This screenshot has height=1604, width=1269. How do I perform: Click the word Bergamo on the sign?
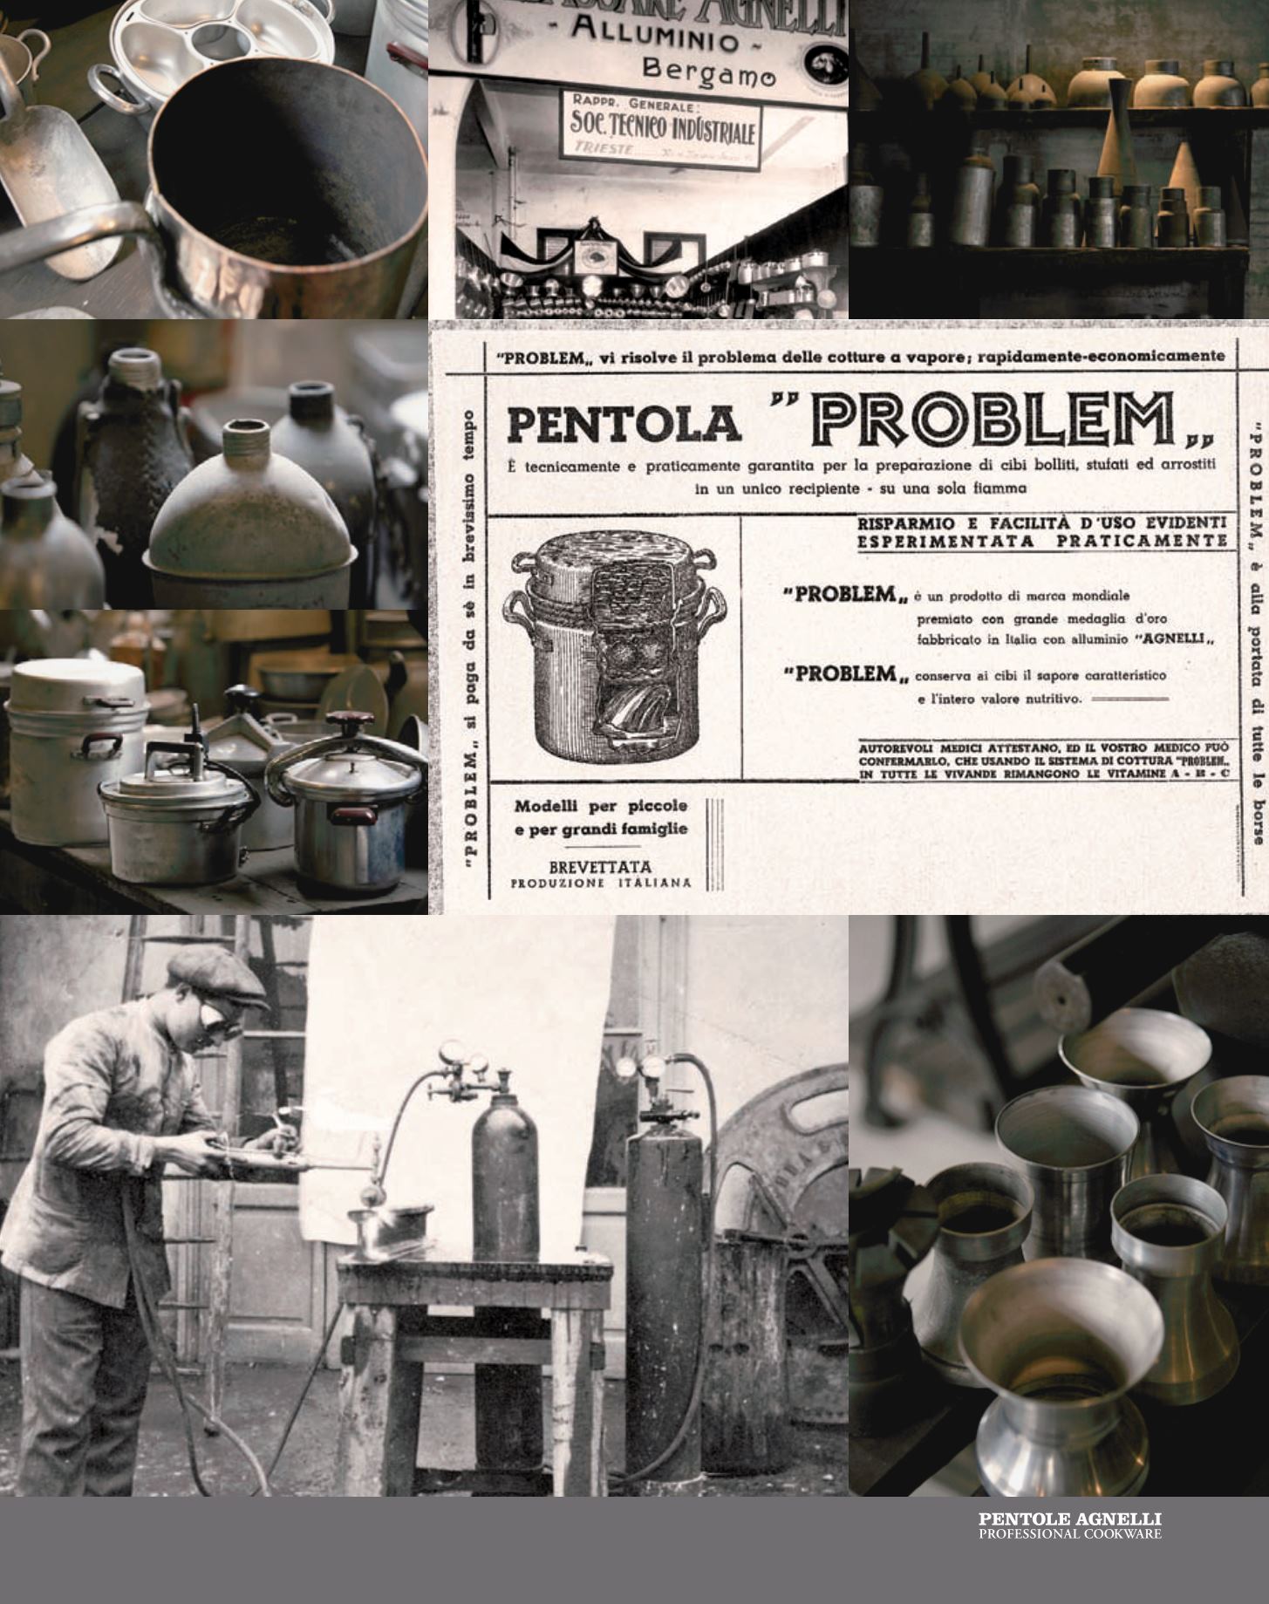pos(707,74)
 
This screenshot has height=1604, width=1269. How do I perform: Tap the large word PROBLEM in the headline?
pos(993,419)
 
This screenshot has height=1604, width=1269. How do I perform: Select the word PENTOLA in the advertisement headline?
pos(624,423)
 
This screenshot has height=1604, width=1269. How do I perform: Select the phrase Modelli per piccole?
pos(600,805)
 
